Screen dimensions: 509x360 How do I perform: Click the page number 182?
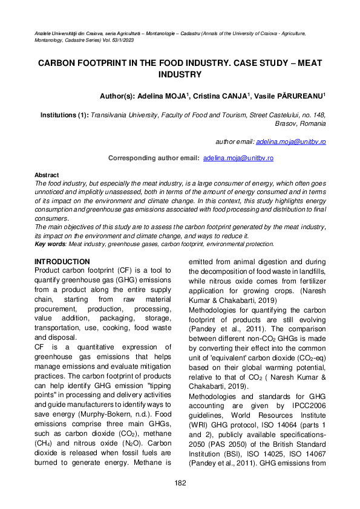coord(180,482)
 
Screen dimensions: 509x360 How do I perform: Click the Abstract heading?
coord(47,174)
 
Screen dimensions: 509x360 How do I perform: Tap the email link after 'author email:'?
coord(291,141)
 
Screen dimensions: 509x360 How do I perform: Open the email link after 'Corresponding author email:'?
coord(238,158)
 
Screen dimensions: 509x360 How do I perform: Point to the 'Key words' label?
coord(51,244)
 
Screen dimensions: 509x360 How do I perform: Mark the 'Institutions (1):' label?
coord(64,114)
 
